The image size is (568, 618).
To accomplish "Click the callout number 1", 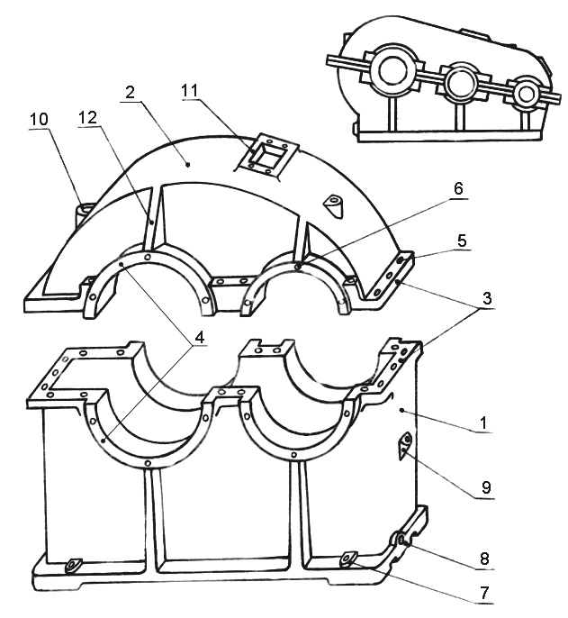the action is point(483,423).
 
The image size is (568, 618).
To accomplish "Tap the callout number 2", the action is point(130,92).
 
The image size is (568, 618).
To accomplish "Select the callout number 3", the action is point(487,298).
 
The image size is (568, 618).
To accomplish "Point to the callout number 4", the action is point(200,337).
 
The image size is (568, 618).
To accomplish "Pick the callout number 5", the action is point(462,241).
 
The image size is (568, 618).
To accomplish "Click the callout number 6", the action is point(458,189).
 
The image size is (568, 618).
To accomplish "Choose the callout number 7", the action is point(484,592).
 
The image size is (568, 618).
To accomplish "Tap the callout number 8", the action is point(484,559).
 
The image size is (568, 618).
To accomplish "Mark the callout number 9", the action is point(486,488).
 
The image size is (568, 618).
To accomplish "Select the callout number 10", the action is point(39,119).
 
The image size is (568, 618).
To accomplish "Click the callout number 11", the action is point(189,91).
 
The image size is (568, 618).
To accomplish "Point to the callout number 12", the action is point(87,117).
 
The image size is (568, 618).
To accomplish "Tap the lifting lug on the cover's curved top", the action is point(334,206).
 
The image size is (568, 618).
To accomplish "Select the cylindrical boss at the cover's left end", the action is point(85,212).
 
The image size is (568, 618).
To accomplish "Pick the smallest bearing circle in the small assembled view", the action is point(526,94).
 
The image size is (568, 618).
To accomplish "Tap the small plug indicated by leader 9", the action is point(404,445).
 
